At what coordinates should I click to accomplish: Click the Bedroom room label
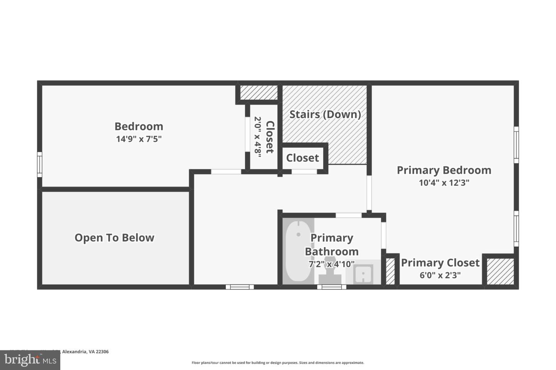coord(139,126)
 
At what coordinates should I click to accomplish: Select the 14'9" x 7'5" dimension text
coord(139,139)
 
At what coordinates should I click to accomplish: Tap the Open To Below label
coord(114,238)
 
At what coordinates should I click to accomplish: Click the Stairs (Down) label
coord(325,114)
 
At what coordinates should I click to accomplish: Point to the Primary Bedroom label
coord(444,170)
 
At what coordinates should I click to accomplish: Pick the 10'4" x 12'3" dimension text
coord(444,183)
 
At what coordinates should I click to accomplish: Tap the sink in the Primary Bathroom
coord(363,274)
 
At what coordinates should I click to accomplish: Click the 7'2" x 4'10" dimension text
coord(331,264)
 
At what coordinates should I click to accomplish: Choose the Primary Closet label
coord(440,263)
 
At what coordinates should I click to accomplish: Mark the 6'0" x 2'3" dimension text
coord(440,275)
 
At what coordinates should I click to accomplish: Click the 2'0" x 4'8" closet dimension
coord(258,135)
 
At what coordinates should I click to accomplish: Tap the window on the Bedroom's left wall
coord(39,165)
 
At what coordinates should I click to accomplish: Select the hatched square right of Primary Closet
coord(500,271)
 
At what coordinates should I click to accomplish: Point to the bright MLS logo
coord(30,360)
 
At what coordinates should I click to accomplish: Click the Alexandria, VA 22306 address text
coord(85,351)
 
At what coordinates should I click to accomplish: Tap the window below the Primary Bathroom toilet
coord(332,287)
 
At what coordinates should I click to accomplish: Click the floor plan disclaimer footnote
coord(278,363)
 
